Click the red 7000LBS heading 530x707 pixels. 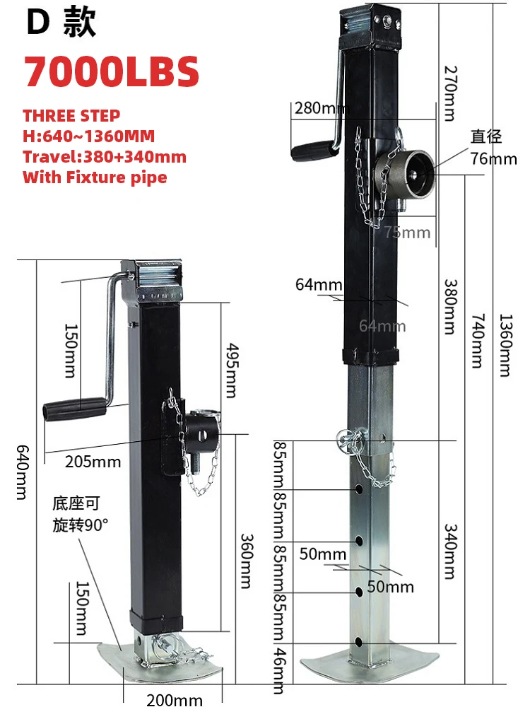111,71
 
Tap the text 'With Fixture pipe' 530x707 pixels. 95,177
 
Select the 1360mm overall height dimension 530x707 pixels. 504,345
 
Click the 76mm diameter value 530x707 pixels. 493,158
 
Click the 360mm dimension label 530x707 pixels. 245,559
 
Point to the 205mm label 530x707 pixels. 93,462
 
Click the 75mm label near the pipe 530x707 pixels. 406,233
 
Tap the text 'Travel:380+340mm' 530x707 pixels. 104,156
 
